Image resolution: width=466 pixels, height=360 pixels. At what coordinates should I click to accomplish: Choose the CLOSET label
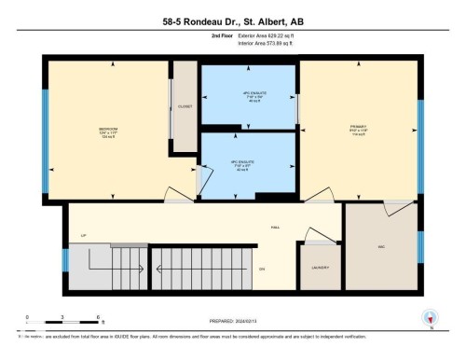[x=185, y=107]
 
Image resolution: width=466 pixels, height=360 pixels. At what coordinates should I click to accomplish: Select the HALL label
[x=275, y=227]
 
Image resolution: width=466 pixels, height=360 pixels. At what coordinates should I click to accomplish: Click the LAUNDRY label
[x=320, y=268]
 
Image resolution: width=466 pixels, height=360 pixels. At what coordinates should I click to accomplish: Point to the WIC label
[x=381, y=246]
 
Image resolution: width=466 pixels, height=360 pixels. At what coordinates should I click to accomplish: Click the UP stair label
[x=84, y=236]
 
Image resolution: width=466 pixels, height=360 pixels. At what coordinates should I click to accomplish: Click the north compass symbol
[x=430, y=317]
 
